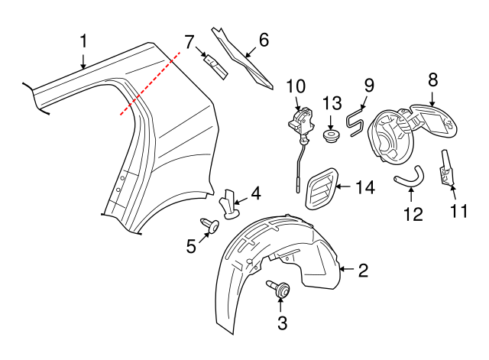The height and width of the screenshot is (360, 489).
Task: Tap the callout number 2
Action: [x=363, y=269]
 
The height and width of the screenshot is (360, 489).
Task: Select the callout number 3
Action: [x=282, y=323]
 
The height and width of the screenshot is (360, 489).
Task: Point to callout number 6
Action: [x=264, y=40]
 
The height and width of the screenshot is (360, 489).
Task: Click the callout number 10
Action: [x=296, y=86]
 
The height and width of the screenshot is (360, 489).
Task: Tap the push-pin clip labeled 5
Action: [x=210, y=225]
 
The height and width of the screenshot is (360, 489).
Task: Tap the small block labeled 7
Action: [x=215, y=64]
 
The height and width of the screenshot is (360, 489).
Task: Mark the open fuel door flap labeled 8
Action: [x=431, y=120]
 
